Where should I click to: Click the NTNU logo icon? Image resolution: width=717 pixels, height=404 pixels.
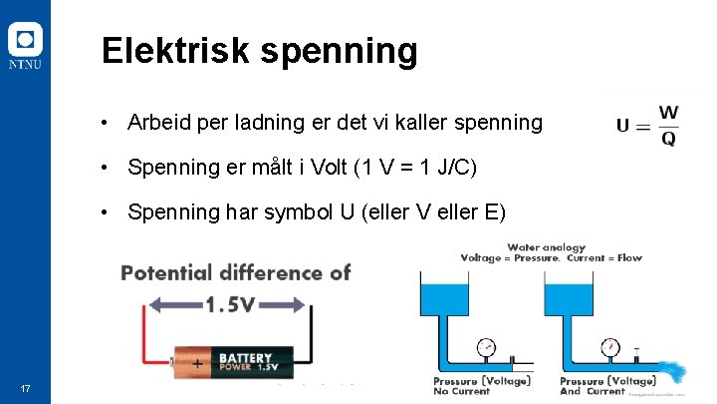click(26, 41)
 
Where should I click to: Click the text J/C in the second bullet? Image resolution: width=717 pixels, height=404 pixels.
click(449, 168)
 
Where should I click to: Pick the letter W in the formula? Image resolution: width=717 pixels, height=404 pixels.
click(668, 112)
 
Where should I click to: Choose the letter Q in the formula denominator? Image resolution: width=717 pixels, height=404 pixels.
click(668, 139)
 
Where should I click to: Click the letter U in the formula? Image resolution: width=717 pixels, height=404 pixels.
click(623, 126)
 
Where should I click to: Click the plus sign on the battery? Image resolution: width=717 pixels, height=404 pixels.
click(198, 363)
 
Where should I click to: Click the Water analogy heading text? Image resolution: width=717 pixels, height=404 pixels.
click(546, 247)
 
